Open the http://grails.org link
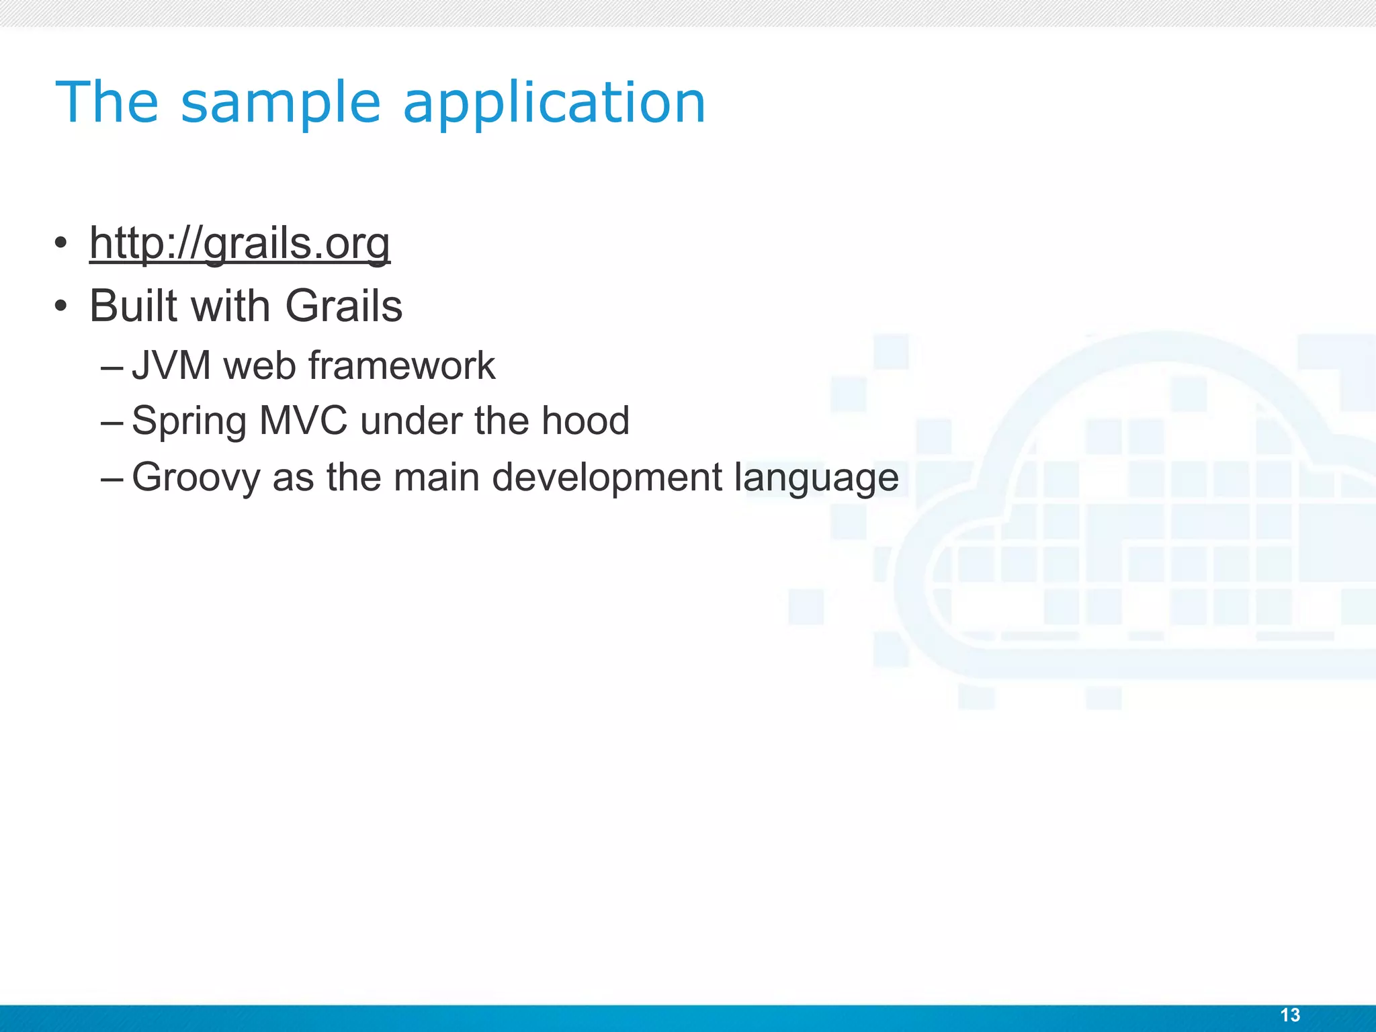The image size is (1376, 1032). tap(239, 243)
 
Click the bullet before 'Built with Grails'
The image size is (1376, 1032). tap(61, 306)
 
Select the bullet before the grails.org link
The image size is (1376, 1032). tap(61, 243)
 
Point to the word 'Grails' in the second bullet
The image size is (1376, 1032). tap(343, 306)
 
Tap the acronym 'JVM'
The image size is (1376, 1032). tap(171, 366)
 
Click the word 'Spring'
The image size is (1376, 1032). tap(189, 422)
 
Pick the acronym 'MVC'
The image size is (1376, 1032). tap(303, 422)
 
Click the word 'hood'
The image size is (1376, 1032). tap(585, 422)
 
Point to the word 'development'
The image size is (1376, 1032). tap(607, 478)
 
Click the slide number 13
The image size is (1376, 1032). tap(1290, 1015)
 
